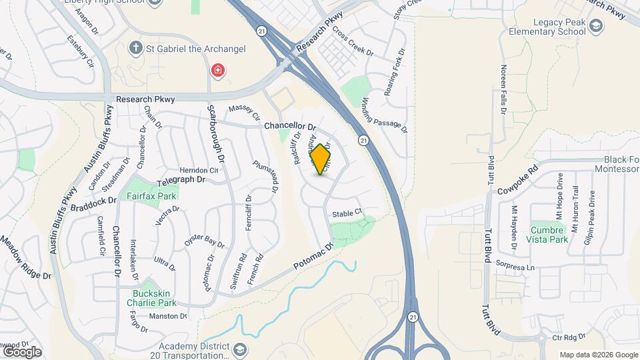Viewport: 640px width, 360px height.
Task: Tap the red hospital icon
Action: (217, 70)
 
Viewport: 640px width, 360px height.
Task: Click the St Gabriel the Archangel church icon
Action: (136, 48)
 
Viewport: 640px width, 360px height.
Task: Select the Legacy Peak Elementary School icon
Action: (596, 27)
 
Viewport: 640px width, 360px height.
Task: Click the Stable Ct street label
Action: (347, 213)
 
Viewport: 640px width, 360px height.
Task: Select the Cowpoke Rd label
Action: (517, 180)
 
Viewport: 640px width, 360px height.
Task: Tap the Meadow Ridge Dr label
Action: (25, 259)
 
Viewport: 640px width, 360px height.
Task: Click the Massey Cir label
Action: (244, 112)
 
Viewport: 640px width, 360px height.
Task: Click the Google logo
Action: (21, 351)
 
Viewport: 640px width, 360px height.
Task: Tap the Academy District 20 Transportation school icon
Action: (238, 349)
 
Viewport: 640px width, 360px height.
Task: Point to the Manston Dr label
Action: (167, 316)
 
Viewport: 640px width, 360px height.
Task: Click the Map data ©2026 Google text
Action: (597, 355)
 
